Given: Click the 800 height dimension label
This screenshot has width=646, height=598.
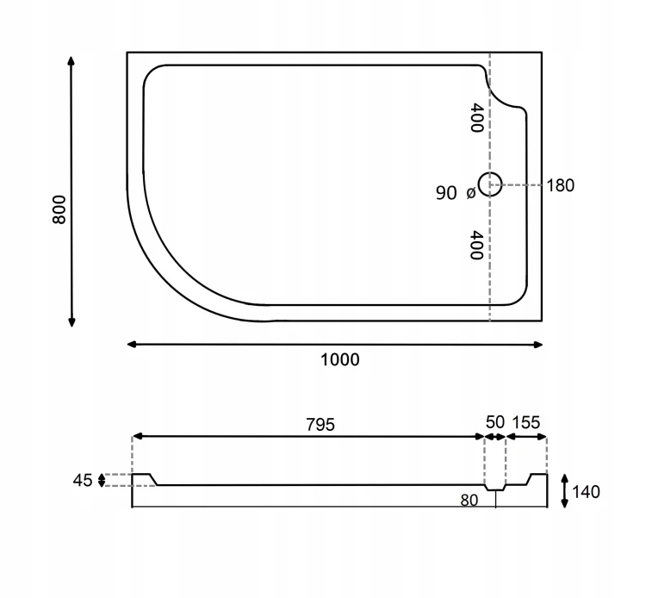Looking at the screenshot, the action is point(59,209).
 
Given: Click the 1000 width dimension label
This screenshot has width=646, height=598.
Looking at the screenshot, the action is point(340,360).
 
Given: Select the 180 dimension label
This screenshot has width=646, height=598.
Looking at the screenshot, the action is point(561,186).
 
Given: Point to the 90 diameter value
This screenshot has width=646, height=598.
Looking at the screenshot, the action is point(446,193).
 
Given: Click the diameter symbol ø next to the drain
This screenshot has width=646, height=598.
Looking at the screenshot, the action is point(471,192).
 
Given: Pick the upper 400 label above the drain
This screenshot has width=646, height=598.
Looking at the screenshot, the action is point(476,118).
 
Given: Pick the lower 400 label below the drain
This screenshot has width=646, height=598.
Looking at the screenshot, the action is point(476,246).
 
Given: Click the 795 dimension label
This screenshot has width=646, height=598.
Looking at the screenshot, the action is point(320,425).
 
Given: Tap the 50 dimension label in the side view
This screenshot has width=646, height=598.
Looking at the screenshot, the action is point(494,422).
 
